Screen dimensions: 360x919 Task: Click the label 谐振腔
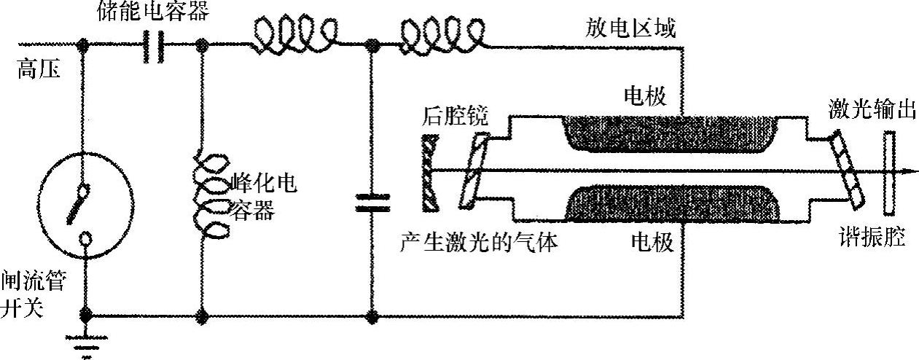click(871, 238)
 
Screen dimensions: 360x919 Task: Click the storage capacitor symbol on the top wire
click(153, 47)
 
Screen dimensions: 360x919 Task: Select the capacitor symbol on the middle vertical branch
click(371, 203)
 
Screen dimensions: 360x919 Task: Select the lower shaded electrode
click(670, 205)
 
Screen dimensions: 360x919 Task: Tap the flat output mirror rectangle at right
click(889, 173)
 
